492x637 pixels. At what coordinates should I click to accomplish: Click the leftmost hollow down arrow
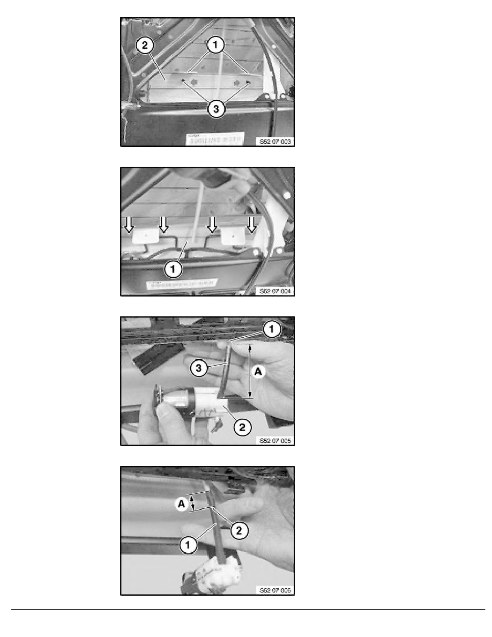click(x=129, y=224)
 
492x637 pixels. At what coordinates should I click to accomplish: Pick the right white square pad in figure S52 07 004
click(x=232, y=235)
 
